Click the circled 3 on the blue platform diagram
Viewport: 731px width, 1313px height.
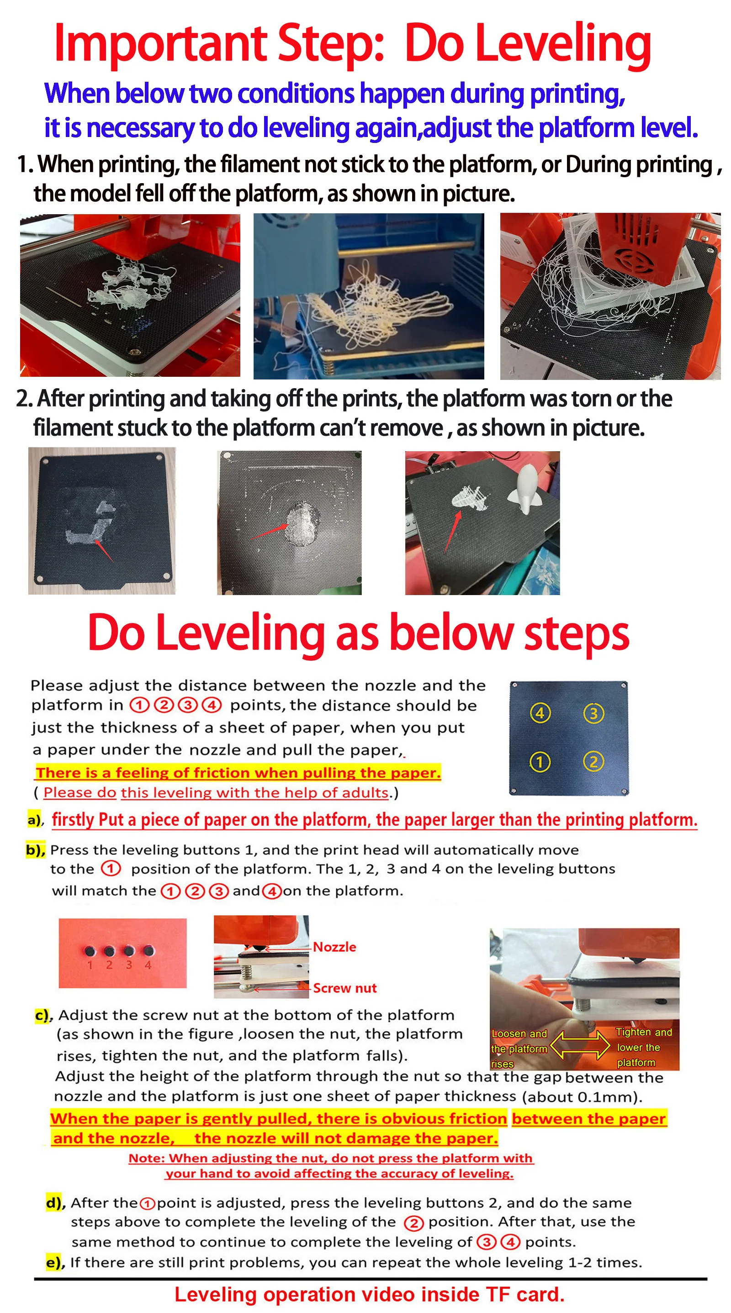point(593,713)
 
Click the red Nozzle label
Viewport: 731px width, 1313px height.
point(334,947)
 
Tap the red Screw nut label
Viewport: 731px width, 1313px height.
point(344,988)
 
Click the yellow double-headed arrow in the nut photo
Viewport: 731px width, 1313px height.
point(581,1045)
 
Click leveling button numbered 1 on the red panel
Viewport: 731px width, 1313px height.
point(90,950)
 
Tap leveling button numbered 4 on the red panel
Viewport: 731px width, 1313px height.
point(148,950)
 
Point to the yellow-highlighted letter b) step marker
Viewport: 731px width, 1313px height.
point(35,849)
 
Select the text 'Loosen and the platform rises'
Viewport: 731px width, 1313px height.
point(519,1049)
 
